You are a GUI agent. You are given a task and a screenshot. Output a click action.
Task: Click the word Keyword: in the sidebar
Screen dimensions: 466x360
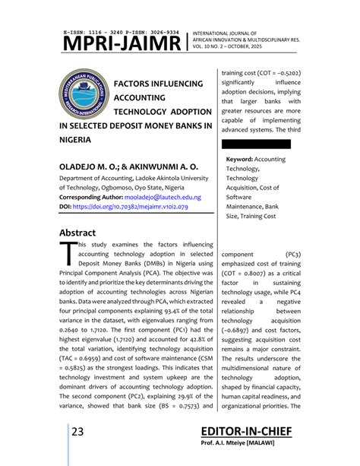[x=239, y=159]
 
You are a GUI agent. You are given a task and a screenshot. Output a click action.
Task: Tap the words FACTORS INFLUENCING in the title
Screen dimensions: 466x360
[x=158, y=83]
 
